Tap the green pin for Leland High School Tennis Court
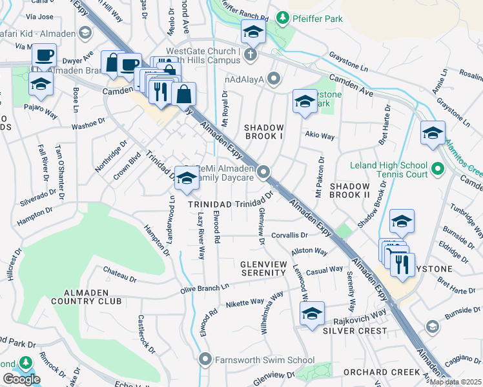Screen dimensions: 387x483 pyautogui.click(x=437, y=170)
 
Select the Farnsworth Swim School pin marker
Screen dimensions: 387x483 pyautogui.click(x=206, y=358)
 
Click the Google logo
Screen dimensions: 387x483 pyautogui.click(x=21, y=379)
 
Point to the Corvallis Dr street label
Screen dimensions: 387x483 pyautogui.click(x=290, y=235)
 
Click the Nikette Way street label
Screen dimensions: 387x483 pyautogui.click(x=245, y=302)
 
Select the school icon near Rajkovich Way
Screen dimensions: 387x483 pyautogui.click(x=311, y=314)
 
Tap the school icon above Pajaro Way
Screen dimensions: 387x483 pyautogui.click(x=41, y=83)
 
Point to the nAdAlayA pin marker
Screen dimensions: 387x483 pyautogui.click(x=274, y=79)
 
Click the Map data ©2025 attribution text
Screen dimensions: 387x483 pyautogui.click(x=456, y=382)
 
